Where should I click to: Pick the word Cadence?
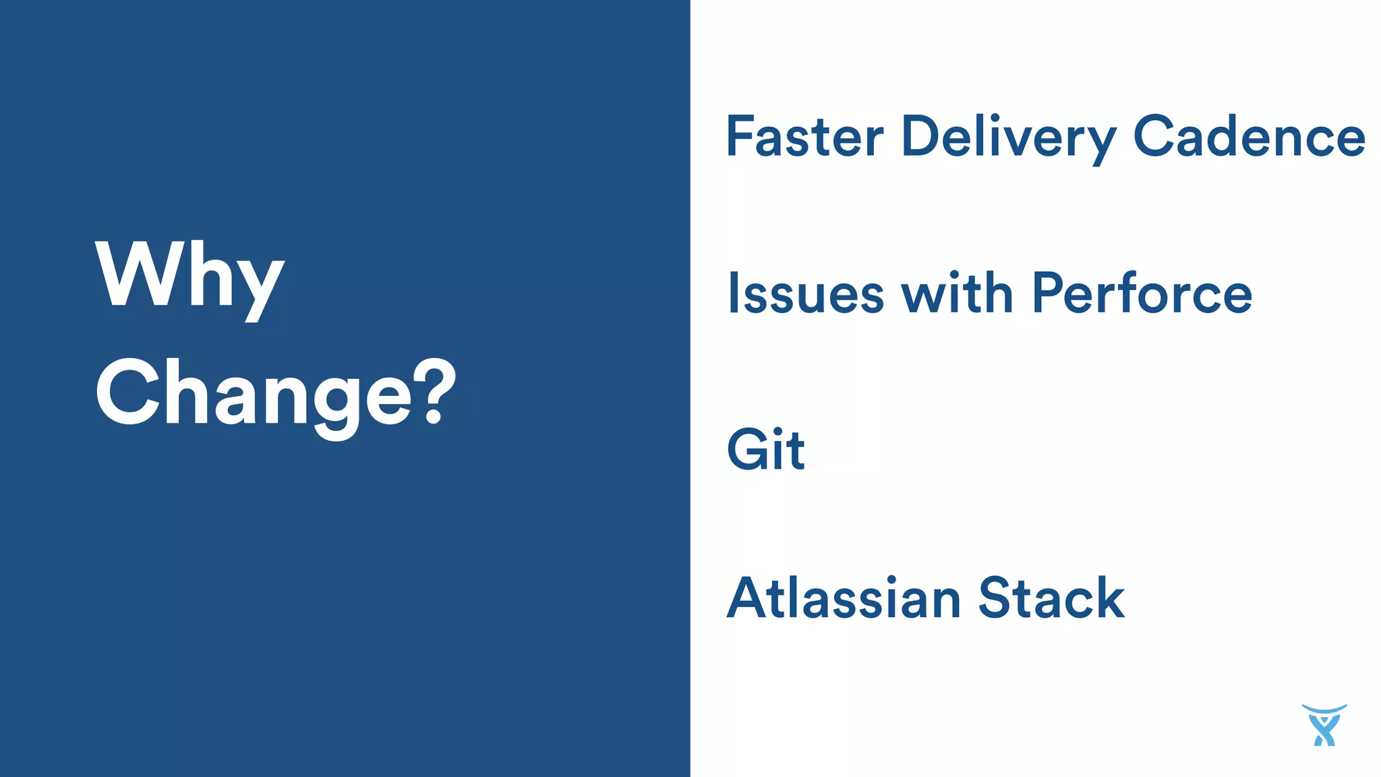click(x=1250, y=137)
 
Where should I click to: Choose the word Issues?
click(x=806, y=293)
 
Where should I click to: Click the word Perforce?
click(x=1142, y=293)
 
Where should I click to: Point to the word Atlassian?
click(x=844, y=598)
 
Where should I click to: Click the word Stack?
click(x=1051, y=598)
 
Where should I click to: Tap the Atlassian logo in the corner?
click(x=1324, y=725)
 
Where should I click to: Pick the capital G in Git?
click(x=748, y=449)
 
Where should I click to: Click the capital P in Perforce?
click(x=1049, y=293)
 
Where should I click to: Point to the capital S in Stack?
click(x=996, y=598)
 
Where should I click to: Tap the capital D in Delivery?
click(x=922, y=137)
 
